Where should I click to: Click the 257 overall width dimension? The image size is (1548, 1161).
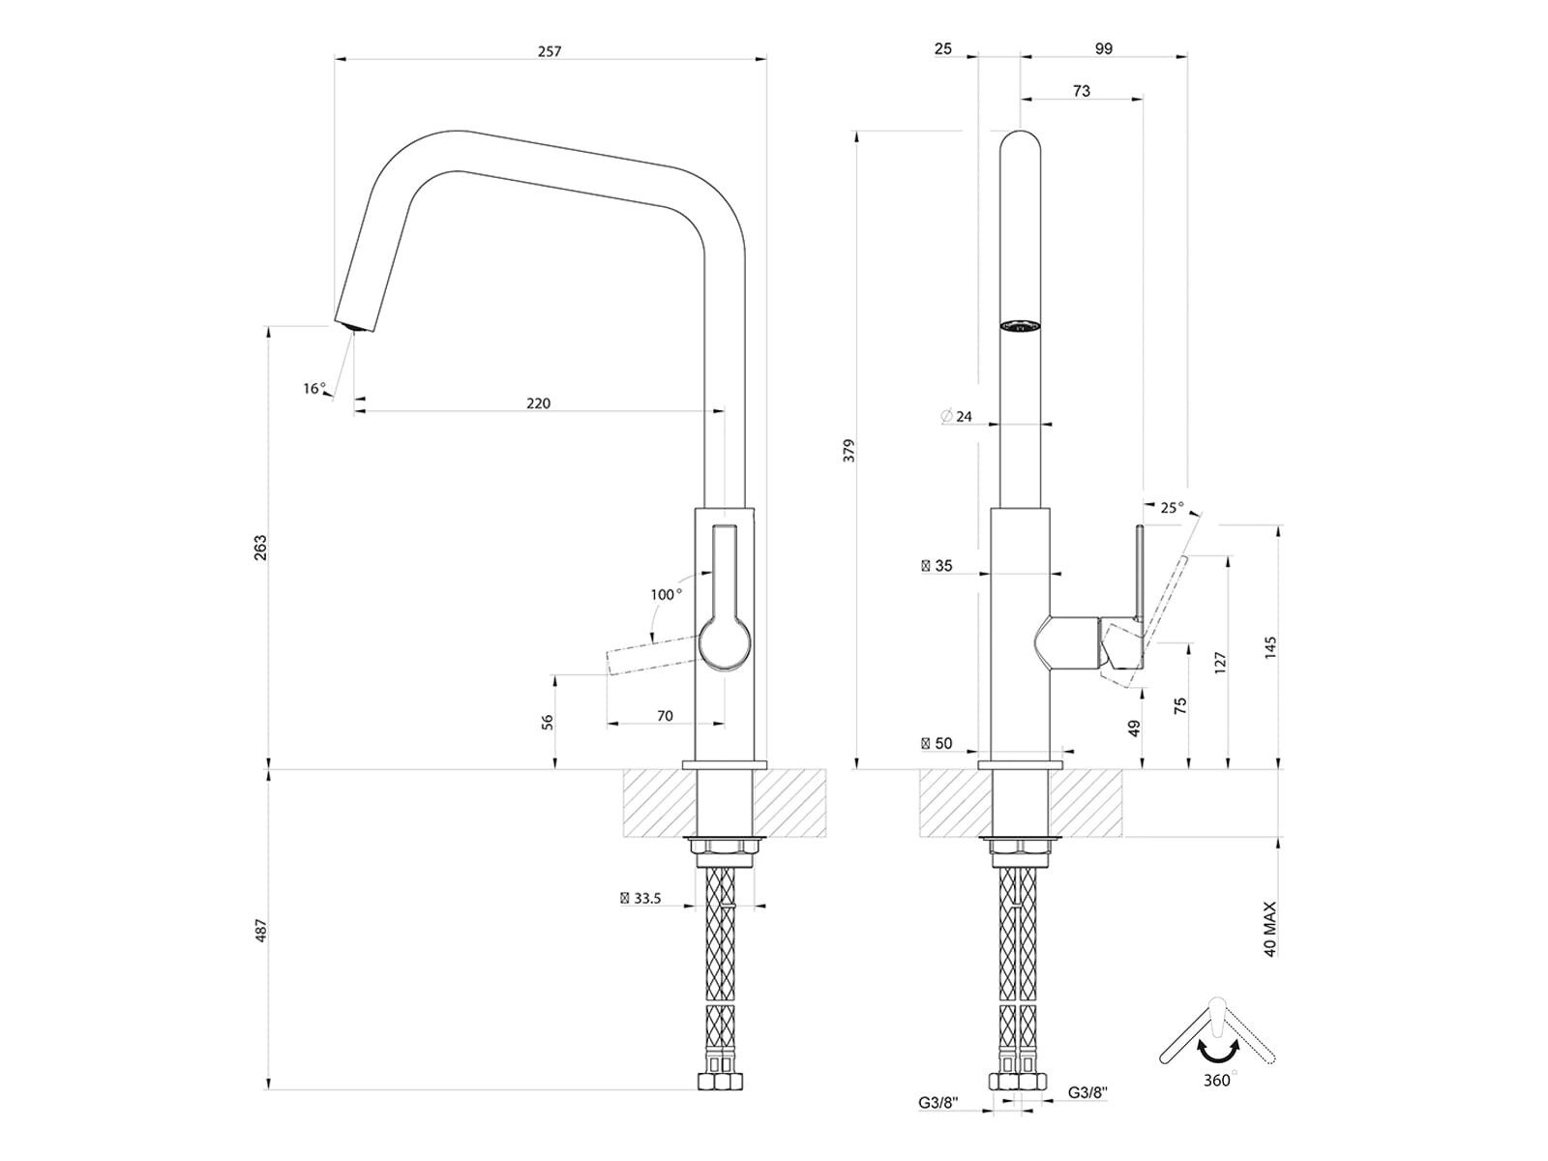point(550,51)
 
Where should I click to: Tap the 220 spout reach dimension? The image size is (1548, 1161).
point(538,403)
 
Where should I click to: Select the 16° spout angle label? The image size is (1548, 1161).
point(314,388)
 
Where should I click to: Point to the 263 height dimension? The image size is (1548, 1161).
point(261,548)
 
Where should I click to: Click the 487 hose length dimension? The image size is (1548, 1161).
point(261,931)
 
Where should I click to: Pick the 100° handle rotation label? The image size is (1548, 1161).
point(667,595)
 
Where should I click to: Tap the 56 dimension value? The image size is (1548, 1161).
point(548,722)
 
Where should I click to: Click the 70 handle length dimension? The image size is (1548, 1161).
point(665,716)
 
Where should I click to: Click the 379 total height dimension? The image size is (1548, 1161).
point(849,450)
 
